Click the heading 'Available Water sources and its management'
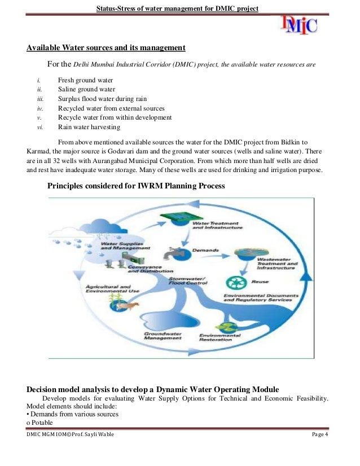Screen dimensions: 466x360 [x=106, y=47]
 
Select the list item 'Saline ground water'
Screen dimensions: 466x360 [x=86, y=89]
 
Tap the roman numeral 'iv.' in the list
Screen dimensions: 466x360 [x=40, y=108]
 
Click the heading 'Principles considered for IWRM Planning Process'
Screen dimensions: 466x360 [x=136, y=186]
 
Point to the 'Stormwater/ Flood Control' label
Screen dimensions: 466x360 [x=188, y=280]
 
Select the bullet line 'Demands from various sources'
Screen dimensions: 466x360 [x=74, y=415]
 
